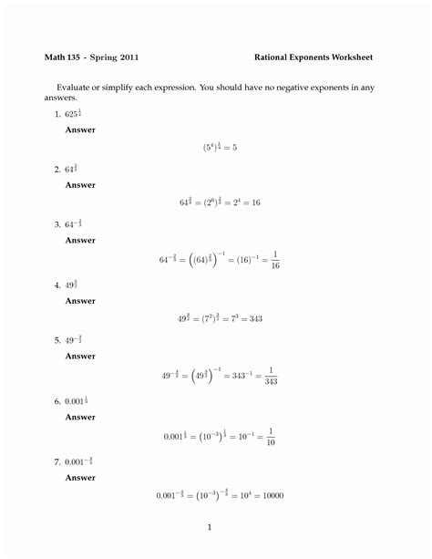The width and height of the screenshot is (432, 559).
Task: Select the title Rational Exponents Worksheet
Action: [314, 57]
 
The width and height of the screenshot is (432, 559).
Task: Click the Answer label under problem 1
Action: [79, 129]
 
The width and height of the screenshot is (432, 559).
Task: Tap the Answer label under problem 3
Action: [79, 241]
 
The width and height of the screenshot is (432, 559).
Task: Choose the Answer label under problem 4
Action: [79, 301]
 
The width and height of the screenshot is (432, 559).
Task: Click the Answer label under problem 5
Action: [79, 357]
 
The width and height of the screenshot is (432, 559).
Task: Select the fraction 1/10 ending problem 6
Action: [273, 437]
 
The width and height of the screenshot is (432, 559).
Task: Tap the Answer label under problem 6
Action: [79, 417]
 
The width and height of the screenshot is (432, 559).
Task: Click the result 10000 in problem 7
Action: [271, 496]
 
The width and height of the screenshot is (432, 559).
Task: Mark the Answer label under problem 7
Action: [79, 477]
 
